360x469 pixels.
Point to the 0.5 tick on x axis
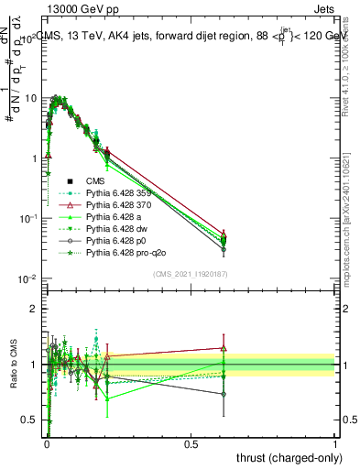tap(191, 443)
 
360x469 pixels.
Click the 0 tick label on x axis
tap(47, 443)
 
